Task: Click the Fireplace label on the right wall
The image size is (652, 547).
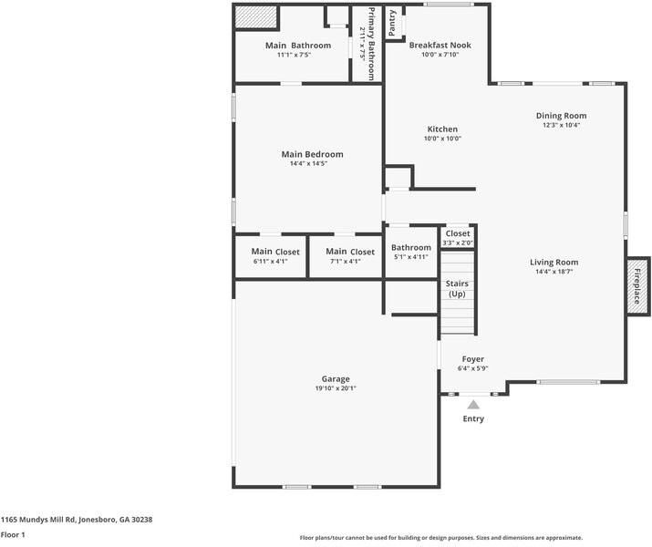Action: pos(637,287)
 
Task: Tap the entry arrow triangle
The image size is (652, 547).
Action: pos(473,404)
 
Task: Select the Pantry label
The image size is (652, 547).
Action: pos(392,23)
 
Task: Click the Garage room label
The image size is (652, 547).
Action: pos(336,378)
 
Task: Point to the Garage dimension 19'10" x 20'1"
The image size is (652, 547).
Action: pos(336,388)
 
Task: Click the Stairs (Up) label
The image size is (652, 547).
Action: pos(457,288)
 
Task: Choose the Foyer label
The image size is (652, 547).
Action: pos(472,359)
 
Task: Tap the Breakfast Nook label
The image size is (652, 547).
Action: pos(440,45)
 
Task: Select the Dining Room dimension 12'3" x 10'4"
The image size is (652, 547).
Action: pos(561,126)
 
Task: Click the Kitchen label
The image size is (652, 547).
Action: pos(442,129)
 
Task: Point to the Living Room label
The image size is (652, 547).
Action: pos(554,262)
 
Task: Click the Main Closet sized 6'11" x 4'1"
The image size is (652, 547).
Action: pos(270,255)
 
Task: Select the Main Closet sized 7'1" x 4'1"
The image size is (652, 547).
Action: pos(345,255)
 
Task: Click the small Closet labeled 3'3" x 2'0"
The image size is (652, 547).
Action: pos(458,238)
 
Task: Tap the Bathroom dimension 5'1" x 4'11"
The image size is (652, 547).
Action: pos(411,257)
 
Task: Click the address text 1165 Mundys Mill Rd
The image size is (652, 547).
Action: pos(77,519)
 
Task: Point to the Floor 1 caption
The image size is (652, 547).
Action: pos(13,535)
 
